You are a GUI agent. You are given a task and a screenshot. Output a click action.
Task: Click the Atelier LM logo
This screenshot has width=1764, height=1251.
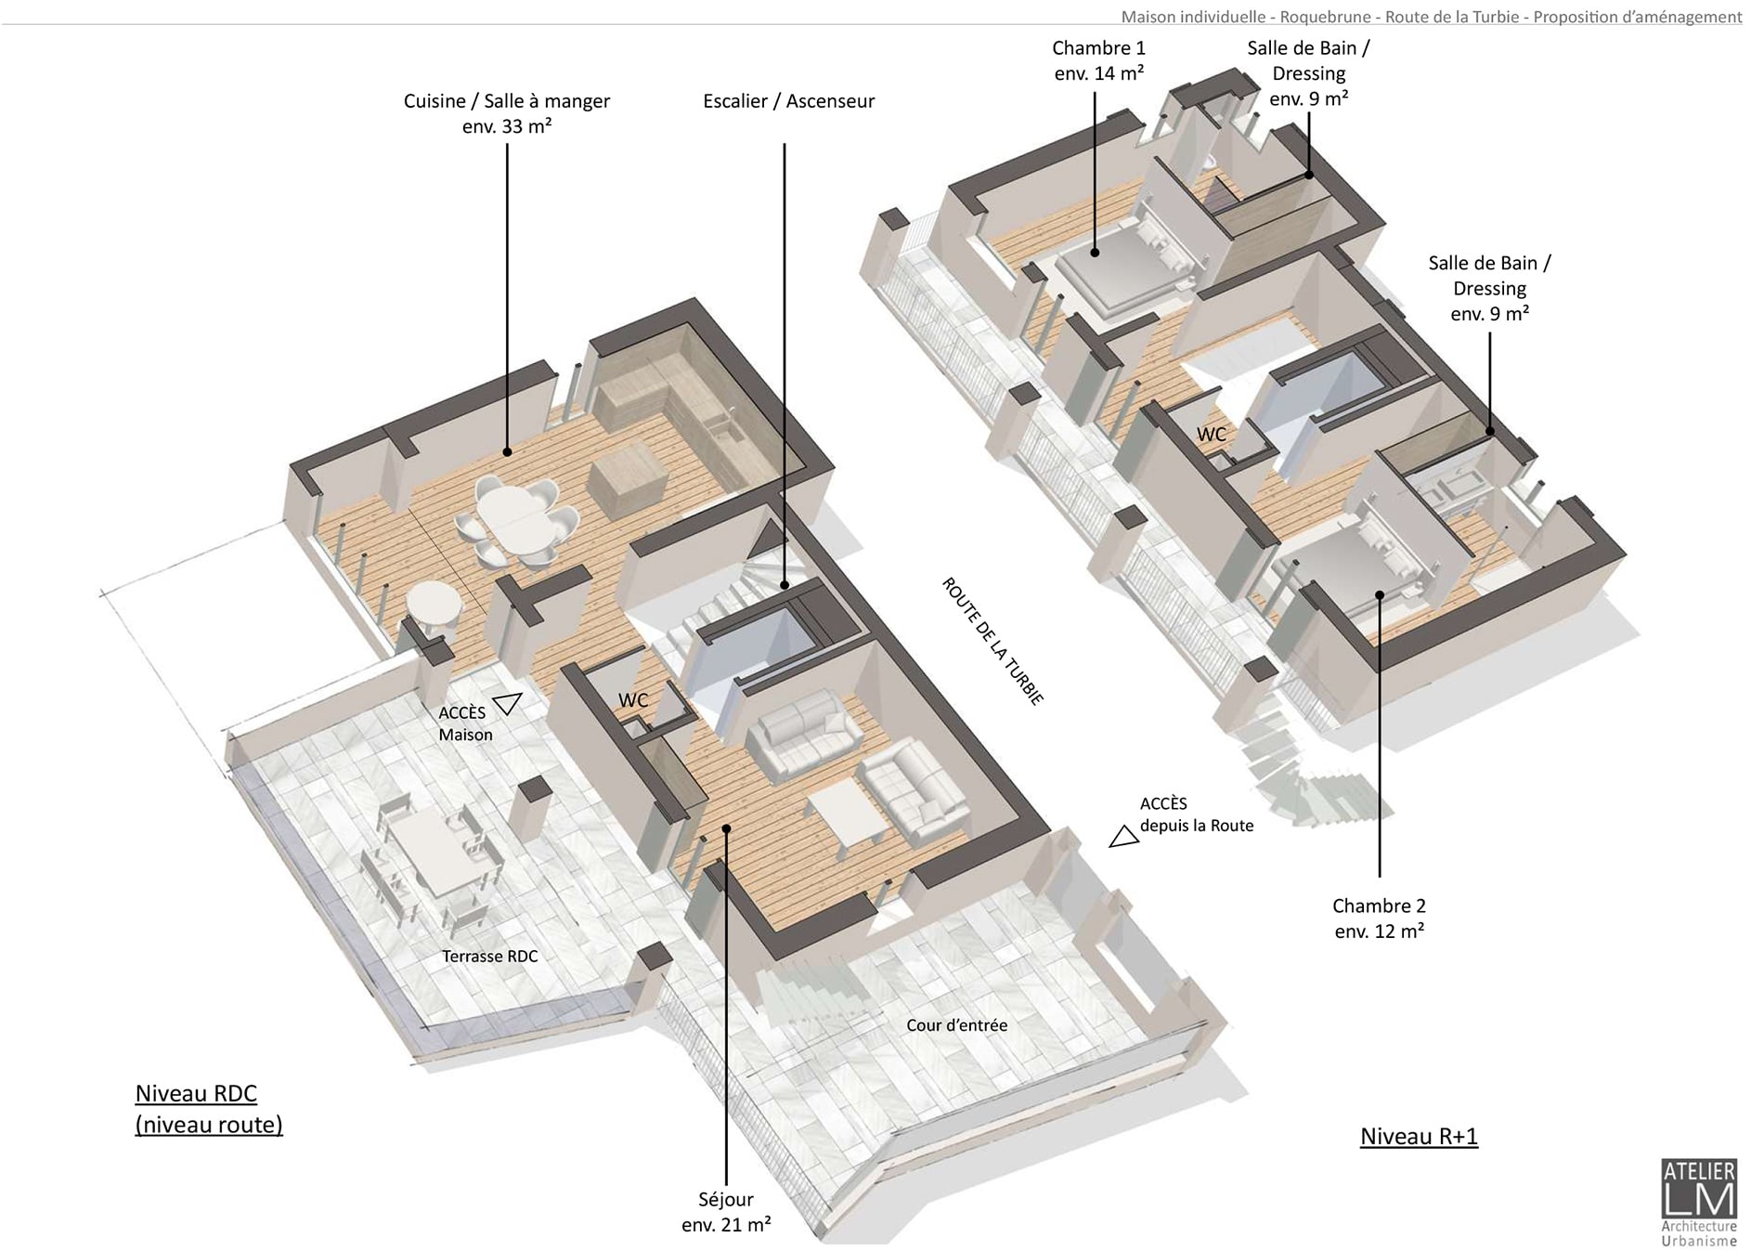point(1698,1203)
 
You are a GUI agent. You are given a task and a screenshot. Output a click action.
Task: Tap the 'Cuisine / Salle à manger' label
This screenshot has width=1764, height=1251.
point(507,101)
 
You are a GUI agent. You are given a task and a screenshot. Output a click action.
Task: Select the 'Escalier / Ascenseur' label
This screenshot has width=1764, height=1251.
point(789,101)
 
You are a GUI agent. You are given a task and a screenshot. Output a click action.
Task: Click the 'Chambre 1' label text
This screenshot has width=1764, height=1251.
point(1099,47)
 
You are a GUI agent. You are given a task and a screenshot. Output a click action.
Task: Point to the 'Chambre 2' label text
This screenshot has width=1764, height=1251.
point(1379,906)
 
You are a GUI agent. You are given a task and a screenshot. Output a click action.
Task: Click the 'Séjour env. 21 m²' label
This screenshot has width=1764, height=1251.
point(726,1212)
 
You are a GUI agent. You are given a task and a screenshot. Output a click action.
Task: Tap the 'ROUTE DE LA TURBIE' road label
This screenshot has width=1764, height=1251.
point(992,641)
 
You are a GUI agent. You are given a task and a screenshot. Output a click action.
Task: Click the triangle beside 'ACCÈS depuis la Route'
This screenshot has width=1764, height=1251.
point(1124,837)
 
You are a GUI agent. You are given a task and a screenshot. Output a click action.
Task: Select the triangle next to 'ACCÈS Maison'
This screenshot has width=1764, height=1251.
point(507,704)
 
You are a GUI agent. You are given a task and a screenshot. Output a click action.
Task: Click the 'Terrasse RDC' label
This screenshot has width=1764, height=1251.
point(489,956)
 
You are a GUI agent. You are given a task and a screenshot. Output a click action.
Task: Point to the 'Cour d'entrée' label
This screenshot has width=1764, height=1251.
point(956,1025)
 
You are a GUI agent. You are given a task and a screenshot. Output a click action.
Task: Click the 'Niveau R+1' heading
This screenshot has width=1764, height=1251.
point(1419,1137)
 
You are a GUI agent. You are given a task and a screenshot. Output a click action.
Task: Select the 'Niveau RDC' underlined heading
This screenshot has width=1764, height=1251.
point(196,1093)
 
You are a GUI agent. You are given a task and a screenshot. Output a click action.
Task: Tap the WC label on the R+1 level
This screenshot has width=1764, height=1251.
point(1212,435)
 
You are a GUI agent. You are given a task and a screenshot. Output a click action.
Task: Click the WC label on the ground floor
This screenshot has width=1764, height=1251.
point(633,700)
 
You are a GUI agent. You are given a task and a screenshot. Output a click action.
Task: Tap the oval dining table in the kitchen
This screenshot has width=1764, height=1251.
point(513,510)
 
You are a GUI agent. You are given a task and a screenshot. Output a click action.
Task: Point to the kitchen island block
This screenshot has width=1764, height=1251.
point(628,485)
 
